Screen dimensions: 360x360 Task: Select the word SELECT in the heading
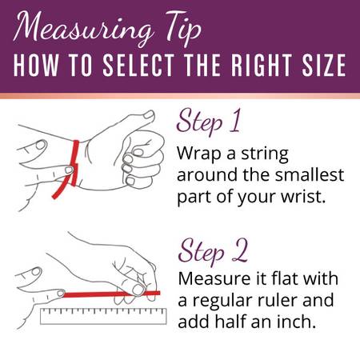click(138, 65)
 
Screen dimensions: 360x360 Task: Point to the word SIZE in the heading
click(324, 65)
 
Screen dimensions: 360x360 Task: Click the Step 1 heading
click(209, 122)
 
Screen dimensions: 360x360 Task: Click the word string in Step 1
click(265, 154)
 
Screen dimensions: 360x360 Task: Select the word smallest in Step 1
click(310, 174)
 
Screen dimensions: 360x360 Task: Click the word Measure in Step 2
click(214, 278)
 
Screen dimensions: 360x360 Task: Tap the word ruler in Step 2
click(278, 300)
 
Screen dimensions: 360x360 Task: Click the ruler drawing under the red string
click(103, 316)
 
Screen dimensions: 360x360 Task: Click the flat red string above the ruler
click(112, 294)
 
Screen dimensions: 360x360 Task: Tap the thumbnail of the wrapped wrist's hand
click(149, 115)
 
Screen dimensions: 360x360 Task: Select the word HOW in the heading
click(36, 65)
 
